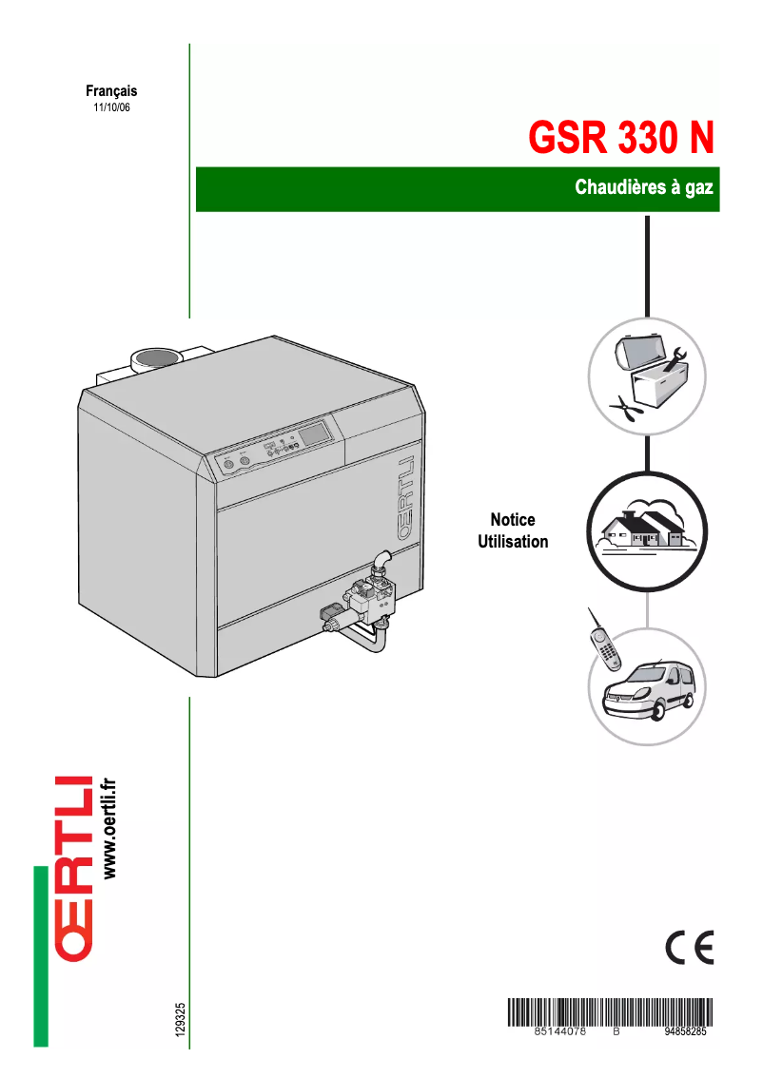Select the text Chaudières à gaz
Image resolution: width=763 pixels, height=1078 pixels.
tap(643, 187)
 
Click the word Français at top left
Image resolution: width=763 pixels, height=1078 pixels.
tap(111, 91)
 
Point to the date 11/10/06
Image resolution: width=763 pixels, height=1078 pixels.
tap(111, 108)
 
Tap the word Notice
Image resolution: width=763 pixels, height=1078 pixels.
tap(513, 520)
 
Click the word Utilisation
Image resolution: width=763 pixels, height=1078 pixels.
tap(513, 542)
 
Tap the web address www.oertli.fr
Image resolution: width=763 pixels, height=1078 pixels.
tap(108, 827)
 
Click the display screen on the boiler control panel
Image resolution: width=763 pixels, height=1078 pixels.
tap(315, 433)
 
